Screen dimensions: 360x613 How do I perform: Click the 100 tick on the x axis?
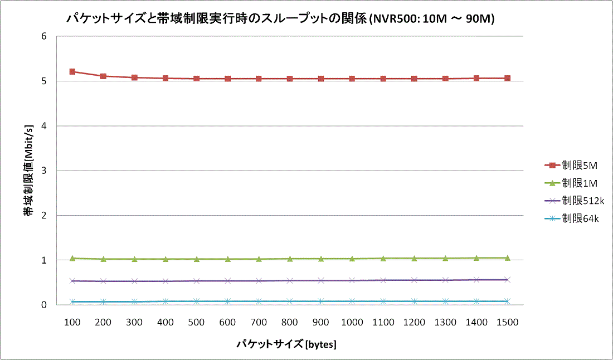pyautogui.click(x=72, y=322)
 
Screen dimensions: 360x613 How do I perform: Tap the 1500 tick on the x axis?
pyautogui.click(x=508, y=322)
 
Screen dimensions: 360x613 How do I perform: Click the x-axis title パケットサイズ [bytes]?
pyautogui.click(x=286, y=344)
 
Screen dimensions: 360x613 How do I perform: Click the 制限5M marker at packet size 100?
pyautogui.click(x=72, y=72)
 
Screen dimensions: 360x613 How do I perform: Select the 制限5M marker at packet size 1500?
pyautogui.click(x=508, y=79)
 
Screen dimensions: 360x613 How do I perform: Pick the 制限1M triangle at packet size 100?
pyautogui.click(x=72, y=258)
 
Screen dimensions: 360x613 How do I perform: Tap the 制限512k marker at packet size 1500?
pyautogui.click(x=508, y=280)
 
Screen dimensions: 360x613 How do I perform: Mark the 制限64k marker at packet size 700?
pyautogui.click(x=259, y=301)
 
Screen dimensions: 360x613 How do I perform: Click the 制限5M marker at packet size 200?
pyautogui.click(x=103, y=76)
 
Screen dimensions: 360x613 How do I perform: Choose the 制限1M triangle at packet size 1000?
pyautogui.click(x=352, y=259)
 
